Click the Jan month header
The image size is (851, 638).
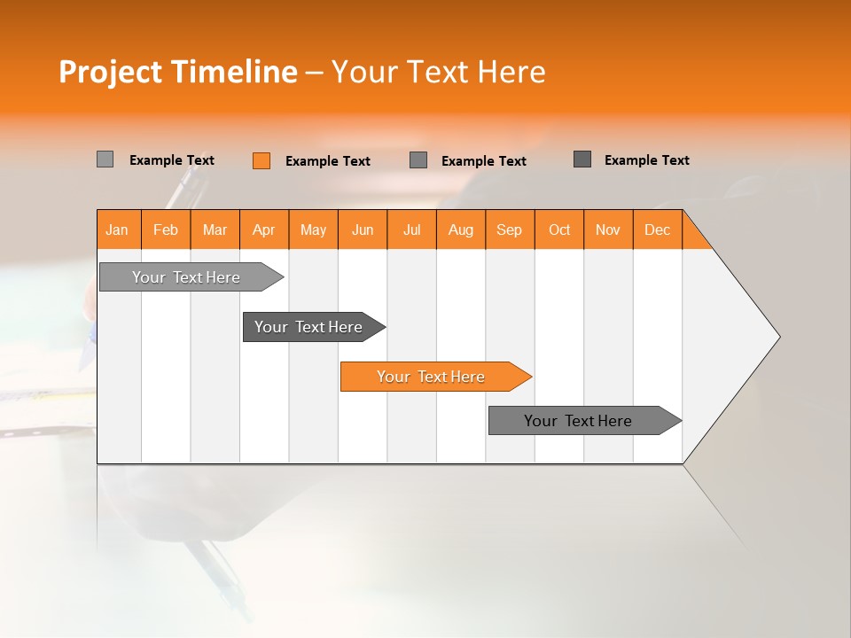click(x=118, y=230)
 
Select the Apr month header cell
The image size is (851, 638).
click(x=264, y=230)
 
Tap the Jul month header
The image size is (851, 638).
click(x=411, y=230)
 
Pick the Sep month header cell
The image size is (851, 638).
click(x=510, y=230)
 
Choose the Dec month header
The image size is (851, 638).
click(x=657, y=230)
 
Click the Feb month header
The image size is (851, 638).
click(x=166, y=230)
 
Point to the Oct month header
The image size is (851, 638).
click(x=559, y=230)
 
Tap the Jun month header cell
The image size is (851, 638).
click(x=363, y=230)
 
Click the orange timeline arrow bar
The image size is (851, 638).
click(x=432, y=377)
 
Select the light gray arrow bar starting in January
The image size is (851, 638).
click(x=187, y=277)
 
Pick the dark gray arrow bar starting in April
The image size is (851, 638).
click(x=309, y=327)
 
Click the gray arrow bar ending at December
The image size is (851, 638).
click(x=579, y=421)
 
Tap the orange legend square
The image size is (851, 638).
click(x=262, y=160)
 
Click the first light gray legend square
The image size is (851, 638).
click(x=105, y=159)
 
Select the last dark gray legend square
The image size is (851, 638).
click(x=582, y=159)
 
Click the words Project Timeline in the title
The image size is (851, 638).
click(x=178, y=72)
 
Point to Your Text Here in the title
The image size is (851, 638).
click(x=438, y=72)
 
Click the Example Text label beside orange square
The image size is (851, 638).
click(x=328, y=160)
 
